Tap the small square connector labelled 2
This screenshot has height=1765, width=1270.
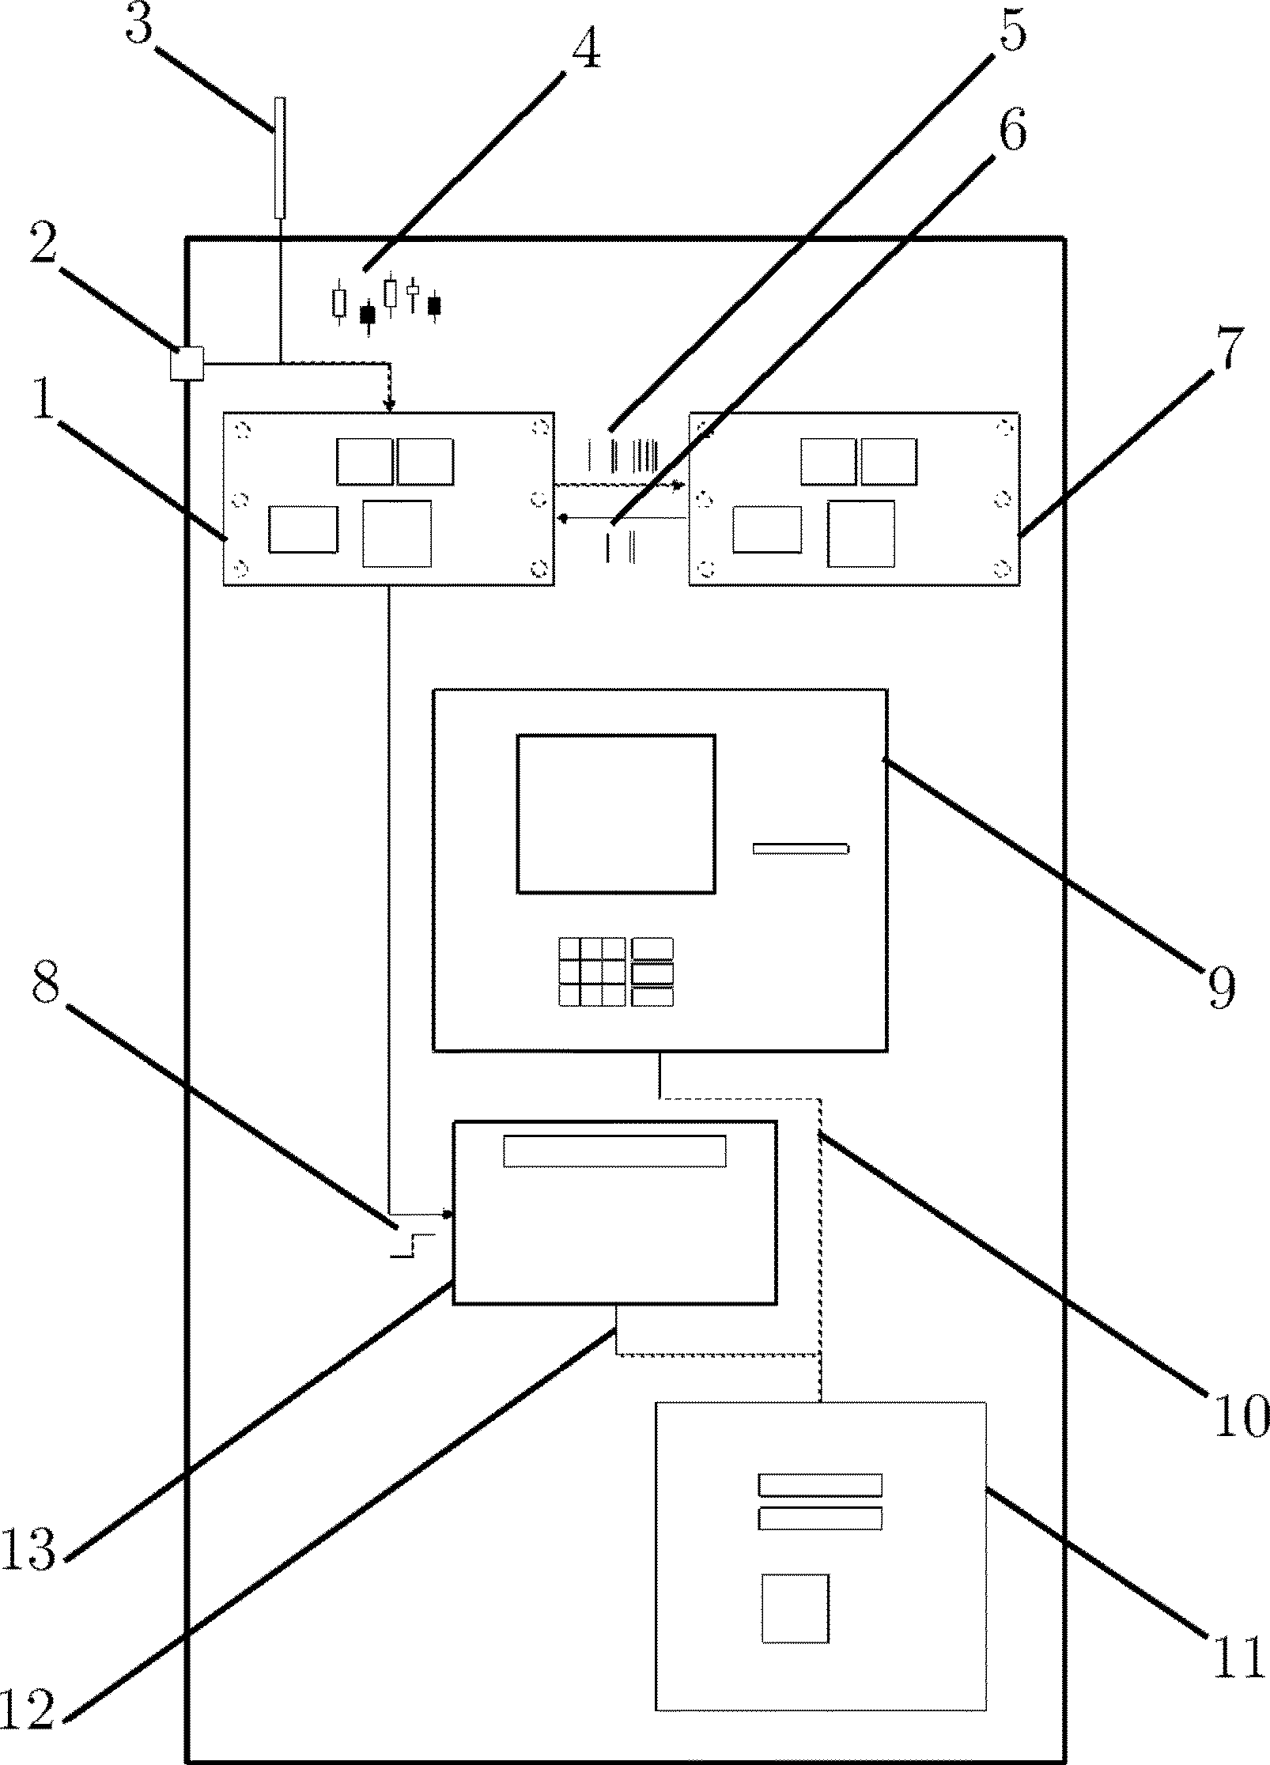[187, 365]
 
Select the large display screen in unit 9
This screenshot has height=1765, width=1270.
[616, 813]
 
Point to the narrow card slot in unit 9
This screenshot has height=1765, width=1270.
[799, 849]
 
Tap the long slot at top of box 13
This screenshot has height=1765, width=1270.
[614, 1151]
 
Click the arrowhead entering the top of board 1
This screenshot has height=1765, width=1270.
[388, 406]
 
